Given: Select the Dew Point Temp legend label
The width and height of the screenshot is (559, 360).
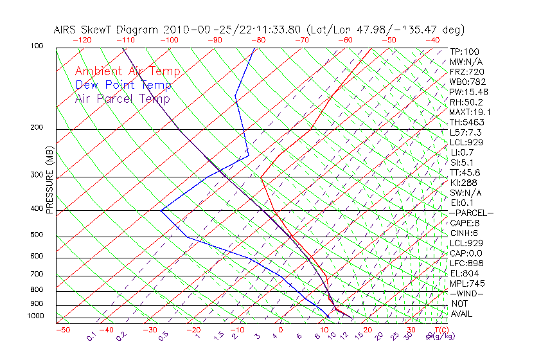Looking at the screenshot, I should tap(123, 85).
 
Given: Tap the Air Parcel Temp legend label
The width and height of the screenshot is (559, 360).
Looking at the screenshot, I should tap(122, 98).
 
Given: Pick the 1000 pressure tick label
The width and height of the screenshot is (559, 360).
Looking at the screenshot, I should tap(35, 316).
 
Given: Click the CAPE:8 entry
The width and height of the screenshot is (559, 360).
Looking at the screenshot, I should tap(465, 223).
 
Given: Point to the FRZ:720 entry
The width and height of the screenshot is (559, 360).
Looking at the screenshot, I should tap(467, 71).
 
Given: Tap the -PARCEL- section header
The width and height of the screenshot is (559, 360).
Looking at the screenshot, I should tap(471, 213).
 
